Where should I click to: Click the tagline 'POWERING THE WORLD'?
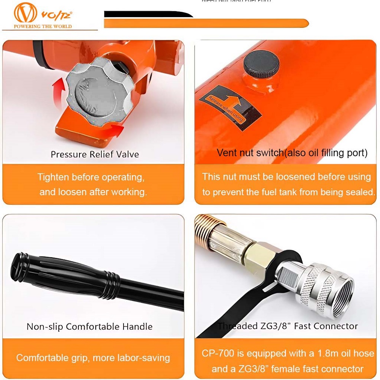[x=43, y=26]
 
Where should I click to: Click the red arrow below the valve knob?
[x=114, y=131]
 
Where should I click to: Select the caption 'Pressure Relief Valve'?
[x=95, y=154]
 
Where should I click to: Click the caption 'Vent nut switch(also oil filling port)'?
[x=292, y=153]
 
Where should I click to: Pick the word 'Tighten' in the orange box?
[x=53, y=177]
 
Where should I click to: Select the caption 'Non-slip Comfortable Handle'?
[x=90, y=326]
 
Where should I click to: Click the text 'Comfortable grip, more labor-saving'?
[x=93, y=358]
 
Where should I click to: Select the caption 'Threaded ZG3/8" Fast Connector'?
[x=288, y=326]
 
